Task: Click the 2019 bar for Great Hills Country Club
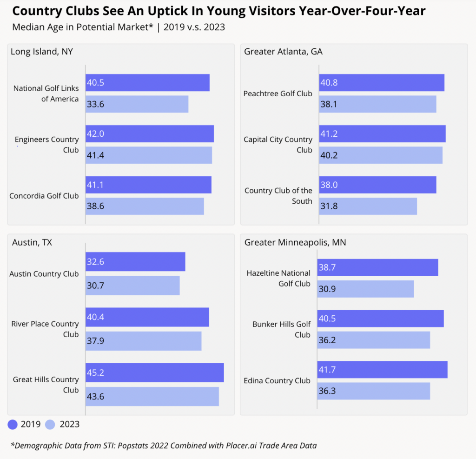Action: point(154,373)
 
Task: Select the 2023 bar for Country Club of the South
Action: point(368,206)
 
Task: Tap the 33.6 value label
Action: point(95,104)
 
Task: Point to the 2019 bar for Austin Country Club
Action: point(135,262)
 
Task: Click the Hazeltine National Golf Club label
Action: point(278,278)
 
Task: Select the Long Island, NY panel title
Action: point(42,52)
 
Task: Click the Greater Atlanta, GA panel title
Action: point(283,52)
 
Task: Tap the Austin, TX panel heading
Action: point(32,242)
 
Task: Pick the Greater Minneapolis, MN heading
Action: point(295,242)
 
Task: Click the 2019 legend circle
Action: point(13,424)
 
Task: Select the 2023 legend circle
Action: point(51,424)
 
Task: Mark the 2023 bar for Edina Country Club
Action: point(373,391)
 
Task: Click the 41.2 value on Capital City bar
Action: point(329,134)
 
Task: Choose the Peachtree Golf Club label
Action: point(278,93)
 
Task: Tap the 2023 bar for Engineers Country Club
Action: point(149,155)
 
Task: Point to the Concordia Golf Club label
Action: point(44,196)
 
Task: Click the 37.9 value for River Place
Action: point(95,341)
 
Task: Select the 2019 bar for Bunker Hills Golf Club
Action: point(380,319)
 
